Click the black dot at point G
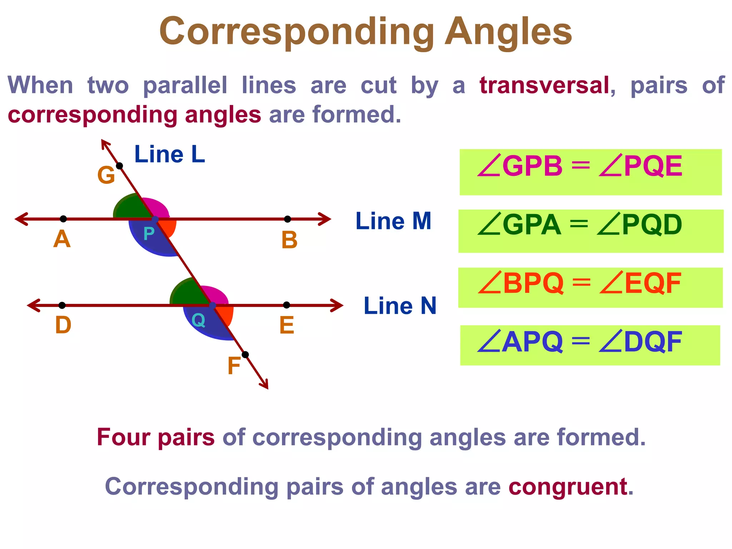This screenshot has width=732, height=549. [120, 166]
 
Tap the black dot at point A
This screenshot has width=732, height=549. [63, 219]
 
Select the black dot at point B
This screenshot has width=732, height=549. [287, 219]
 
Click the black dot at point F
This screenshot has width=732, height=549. [245, 355]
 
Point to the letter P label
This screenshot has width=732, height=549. [149, 234]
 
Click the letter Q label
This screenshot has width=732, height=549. [198, 320]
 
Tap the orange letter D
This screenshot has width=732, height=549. [63, 325]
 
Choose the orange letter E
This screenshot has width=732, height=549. [287, 326]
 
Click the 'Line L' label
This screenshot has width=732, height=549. [169, 154]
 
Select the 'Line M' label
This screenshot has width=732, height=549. [394, 221]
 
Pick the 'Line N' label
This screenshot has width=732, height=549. [400, 306]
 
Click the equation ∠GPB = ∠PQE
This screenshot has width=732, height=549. [580, 166]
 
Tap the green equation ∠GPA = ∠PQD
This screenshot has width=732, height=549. [580, 225]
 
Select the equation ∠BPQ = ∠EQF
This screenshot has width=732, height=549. [580, 283]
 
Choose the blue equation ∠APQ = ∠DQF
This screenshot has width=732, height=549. [580, 342]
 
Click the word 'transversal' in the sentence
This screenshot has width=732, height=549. [544, 85]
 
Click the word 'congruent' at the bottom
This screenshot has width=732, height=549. [568, 487]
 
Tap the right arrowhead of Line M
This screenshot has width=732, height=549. [326, 219]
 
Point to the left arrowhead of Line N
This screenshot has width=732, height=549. [33, 305]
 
